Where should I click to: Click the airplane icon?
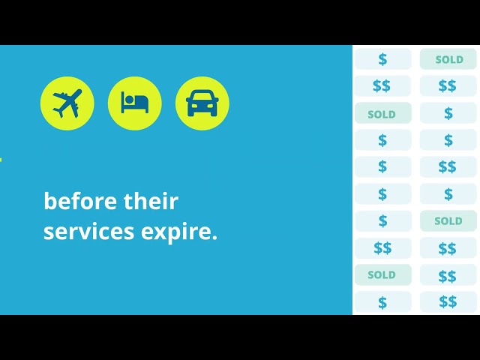click(67, 103)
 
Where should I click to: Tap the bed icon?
click(135, 103)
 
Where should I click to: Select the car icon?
click(202, 103)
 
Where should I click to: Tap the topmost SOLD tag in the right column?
click(448, 59)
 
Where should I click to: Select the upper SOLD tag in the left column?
click(382, 114)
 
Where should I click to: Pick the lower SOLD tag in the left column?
click(382, 275)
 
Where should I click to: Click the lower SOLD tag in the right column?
click(448, 221)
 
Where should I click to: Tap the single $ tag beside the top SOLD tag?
click(382, 59)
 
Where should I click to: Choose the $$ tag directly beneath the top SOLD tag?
click(448, 86)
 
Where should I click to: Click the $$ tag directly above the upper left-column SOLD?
click(382, 86)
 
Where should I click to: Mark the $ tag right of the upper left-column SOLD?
click(448, 114)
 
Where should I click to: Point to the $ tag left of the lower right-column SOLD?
click(382, 221)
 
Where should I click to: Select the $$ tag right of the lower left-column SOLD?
click(448, 275)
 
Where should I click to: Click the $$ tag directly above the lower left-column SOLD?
click(382, 248)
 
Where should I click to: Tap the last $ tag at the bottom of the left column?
click(382, 302)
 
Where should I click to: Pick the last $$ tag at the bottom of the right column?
click(448, 302)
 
